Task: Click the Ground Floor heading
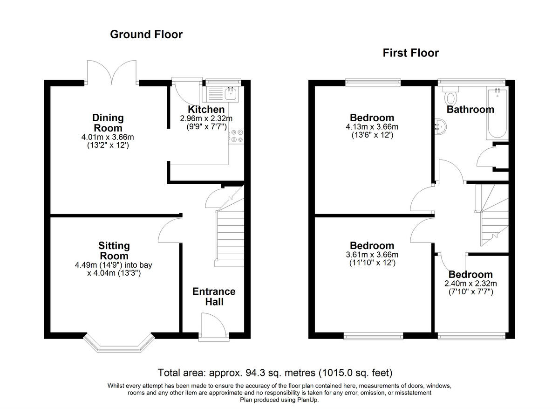coord(146,35)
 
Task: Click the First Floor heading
coord(411,53)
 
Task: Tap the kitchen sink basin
coord(231,94)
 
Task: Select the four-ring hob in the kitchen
coord(236,136)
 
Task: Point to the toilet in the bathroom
coord(451,96)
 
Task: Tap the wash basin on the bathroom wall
coord(441,127)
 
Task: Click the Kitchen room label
coord(206,110)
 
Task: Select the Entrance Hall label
coord(214,297)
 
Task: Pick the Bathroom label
coord(470,110)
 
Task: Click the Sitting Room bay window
coord(119,342)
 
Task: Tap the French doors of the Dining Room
coord(112,72)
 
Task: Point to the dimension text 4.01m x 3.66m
coord(108,137)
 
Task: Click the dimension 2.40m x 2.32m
coord(470,284)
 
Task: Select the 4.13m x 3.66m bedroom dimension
coord(372,127)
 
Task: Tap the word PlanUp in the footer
coord(307,400)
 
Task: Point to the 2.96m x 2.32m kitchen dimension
coord(206,118)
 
